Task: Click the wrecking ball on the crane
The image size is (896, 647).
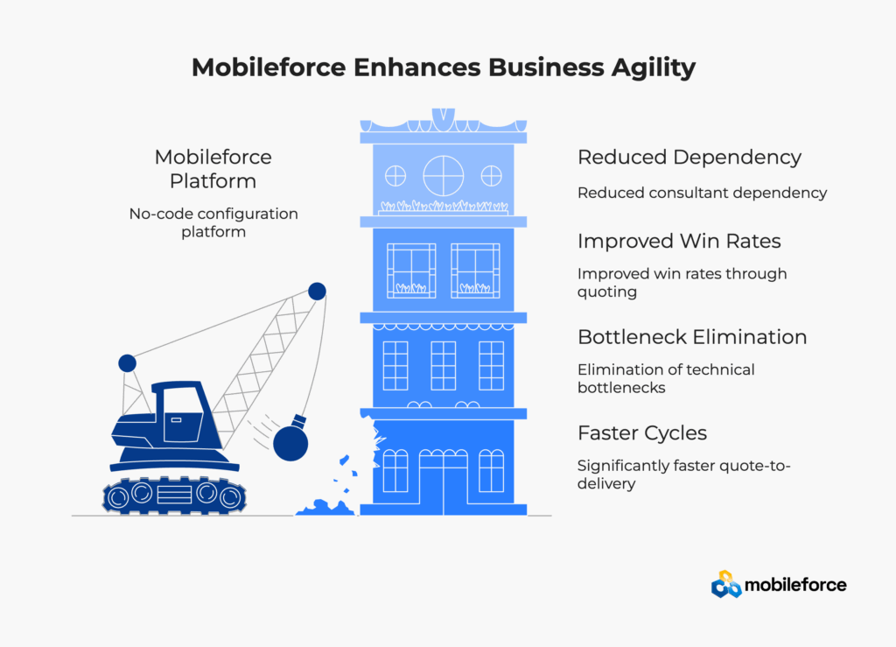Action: (x=290, y=443)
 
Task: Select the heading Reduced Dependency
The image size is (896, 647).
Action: (x=689, y=158)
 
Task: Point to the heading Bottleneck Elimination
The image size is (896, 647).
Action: (x=692, y=337)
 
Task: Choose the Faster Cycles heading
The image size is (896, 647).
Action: (x=642, y=433)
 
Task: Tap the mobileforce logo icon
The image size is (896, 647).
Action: (x=725, y=584)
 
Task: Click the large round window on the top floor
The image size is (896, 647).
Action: (x=444, y=175)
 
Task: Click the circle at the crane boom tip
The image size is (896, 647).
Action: (x=317, y=291)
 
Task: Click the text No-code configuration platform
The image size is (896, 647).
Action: (x=213, y=222)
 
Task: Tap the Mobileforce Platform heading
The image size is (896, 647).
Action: (x=213, y=169)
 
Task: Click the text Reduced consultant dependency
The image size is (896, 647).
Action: (x=702, y=193)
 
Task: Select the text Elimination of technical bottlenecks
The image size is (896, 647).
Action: (x=666, y=378)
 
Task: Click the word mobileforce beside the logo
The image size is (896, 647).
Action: (x=795, y=584)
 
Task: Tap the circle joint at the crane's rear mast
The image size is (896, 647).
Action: (x=127, y=362)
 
